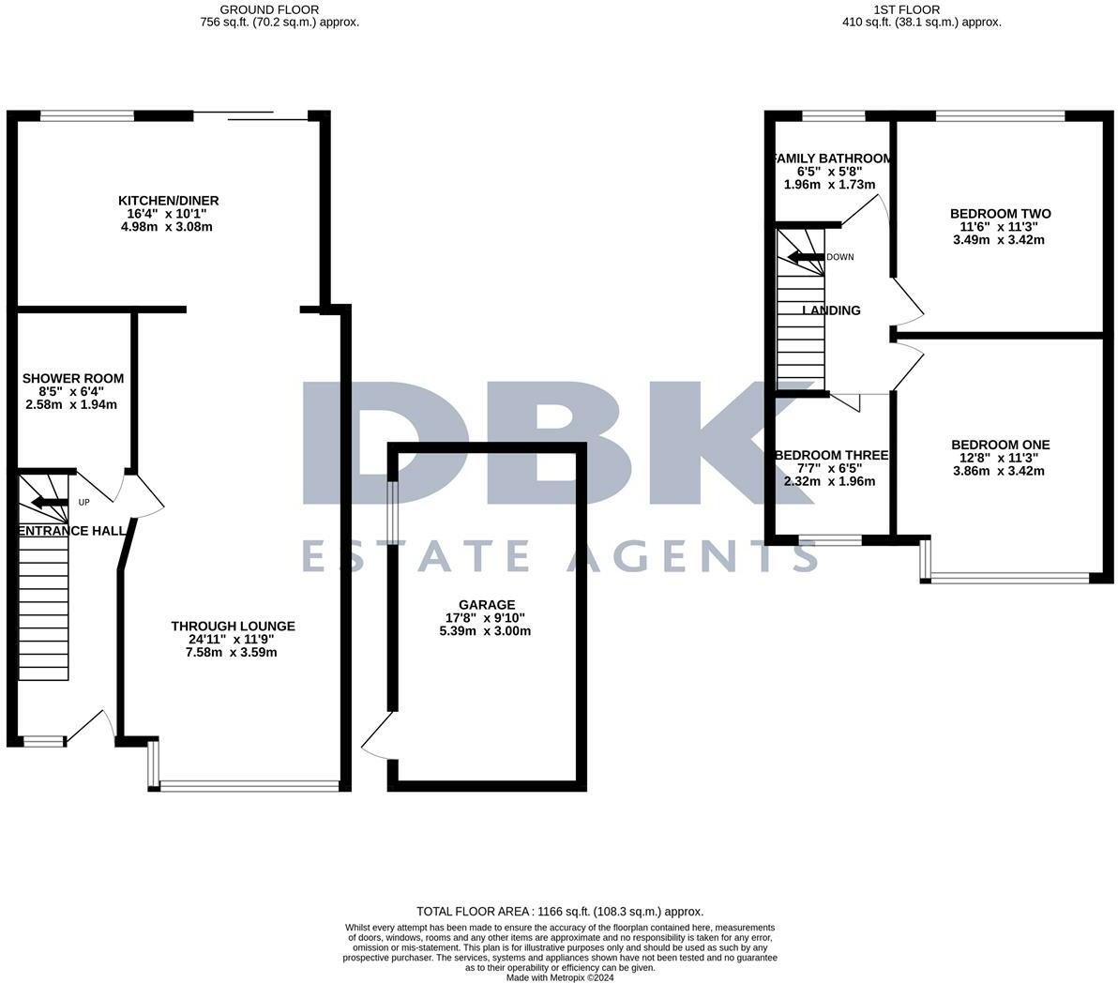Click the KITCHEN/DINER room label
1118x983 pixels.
(x=168, y=201)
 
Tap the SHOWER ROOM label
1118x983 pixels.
(x=73, y=378)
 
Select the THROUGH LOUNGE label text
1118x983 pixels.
(x=233, y=626)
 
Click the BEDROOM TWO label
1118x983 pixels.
(x=1000, y=214)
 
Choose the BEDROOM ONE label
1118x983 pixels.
(x=1000, y=445)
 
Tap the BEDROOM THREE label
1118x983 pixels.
(x=831, y=455)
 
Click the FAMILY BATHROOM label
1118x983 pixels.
(x=831, y=159)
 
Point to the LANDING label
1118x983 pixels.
(x=832, y=310)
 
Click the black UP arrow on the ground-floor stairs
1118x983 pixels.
(x=51, y=503)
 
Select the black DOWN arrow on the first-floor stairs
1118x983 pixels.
(x=804, y=257)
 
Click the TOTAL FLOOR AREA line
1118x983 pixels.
(x=560, y=911)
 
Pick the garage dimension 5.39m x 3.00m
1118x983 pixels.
(x=486, y=631)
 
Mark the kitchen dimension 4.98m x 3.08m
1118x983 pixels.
(x=168, y=227)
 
